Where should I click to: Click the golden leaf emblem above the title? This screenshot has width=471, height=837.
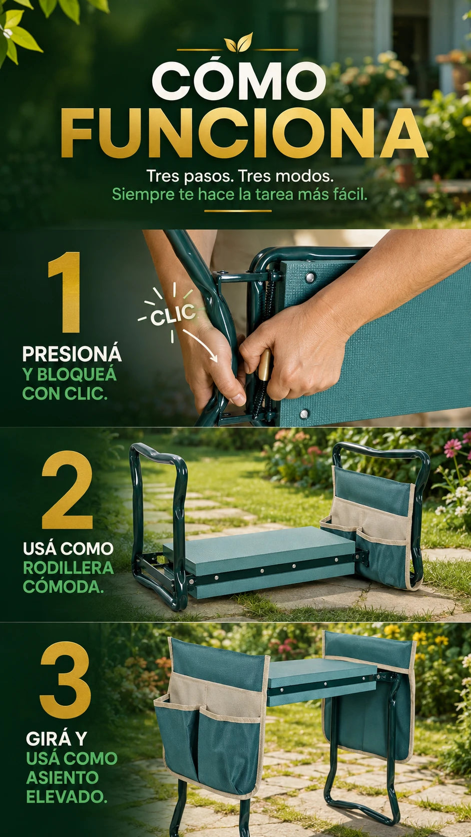tap(238, 42)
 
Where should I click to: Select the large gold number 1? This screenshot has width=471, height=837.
tap(66, 292)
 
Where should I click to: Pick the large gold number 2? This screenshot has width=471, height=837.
tap(67, 490)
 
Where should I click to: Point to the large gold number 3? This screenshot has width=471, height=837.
tap(66, 680)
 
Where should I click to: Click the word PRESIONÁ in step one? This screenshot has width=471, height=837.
tap(72, 354)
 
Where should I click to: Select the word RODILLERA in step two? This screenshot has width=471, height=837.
tap(69, 568)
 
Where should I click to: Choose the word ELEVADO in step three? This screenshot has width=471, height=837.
tap(67, 797)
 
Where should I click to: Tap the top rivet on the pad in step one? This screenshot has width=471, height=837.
tap(310, 277)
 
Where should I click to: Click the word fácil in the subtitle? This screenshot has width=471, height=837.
tap(351, 194)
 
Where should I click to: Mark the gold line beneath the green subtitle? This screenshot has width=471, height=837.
tap(238, 211)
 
